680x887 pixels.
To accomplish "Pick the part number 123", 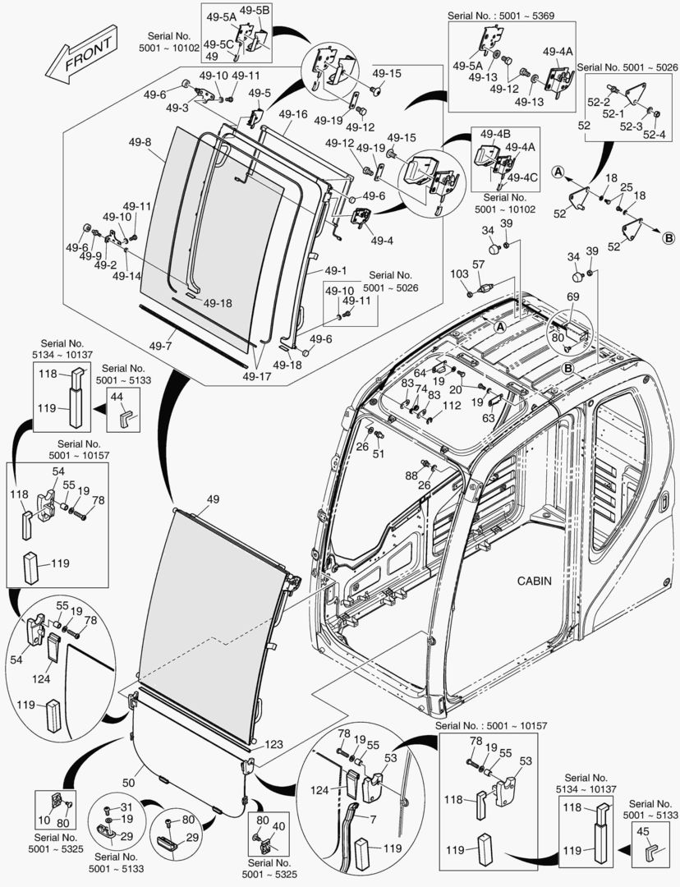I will click(x=273, y=744).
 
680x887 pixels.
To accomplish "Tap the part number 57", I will click(x=479, y=264).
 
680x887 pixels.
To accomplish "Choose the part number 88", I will click(x=411, y=475).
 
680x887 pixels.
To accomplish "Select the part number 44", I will click(x=117, y=397).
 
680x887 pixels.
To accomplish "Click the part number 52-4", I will click(x=654, y=135).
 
